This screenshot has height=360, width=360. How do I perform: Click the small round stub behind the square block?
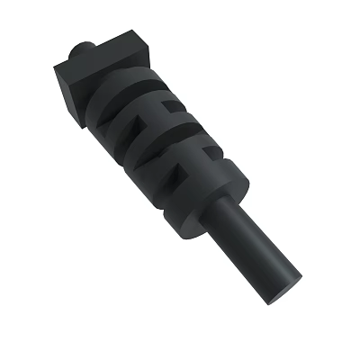pos(82,46)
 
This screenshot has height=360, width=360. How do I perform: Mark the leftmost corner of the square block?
pos(54,65)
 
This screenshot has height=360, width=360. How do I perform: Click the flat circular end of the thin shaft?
pos(283,292)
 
